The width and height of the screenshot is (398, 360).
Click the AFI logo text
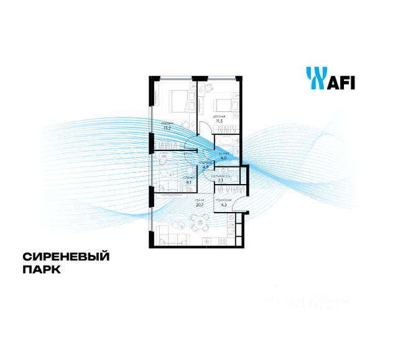(341, 81)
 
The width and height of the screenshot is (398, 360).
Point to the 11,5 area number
(219, 122)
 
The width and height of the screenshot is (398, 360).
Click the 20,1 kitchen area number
(200, 203)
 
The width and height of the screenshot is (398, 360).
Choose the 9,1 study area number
(188, 183)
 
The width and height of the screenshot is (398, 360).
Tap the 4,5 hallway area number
(224, 202)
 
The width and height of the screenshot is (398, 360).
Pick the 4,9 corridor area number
(204, 167)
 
